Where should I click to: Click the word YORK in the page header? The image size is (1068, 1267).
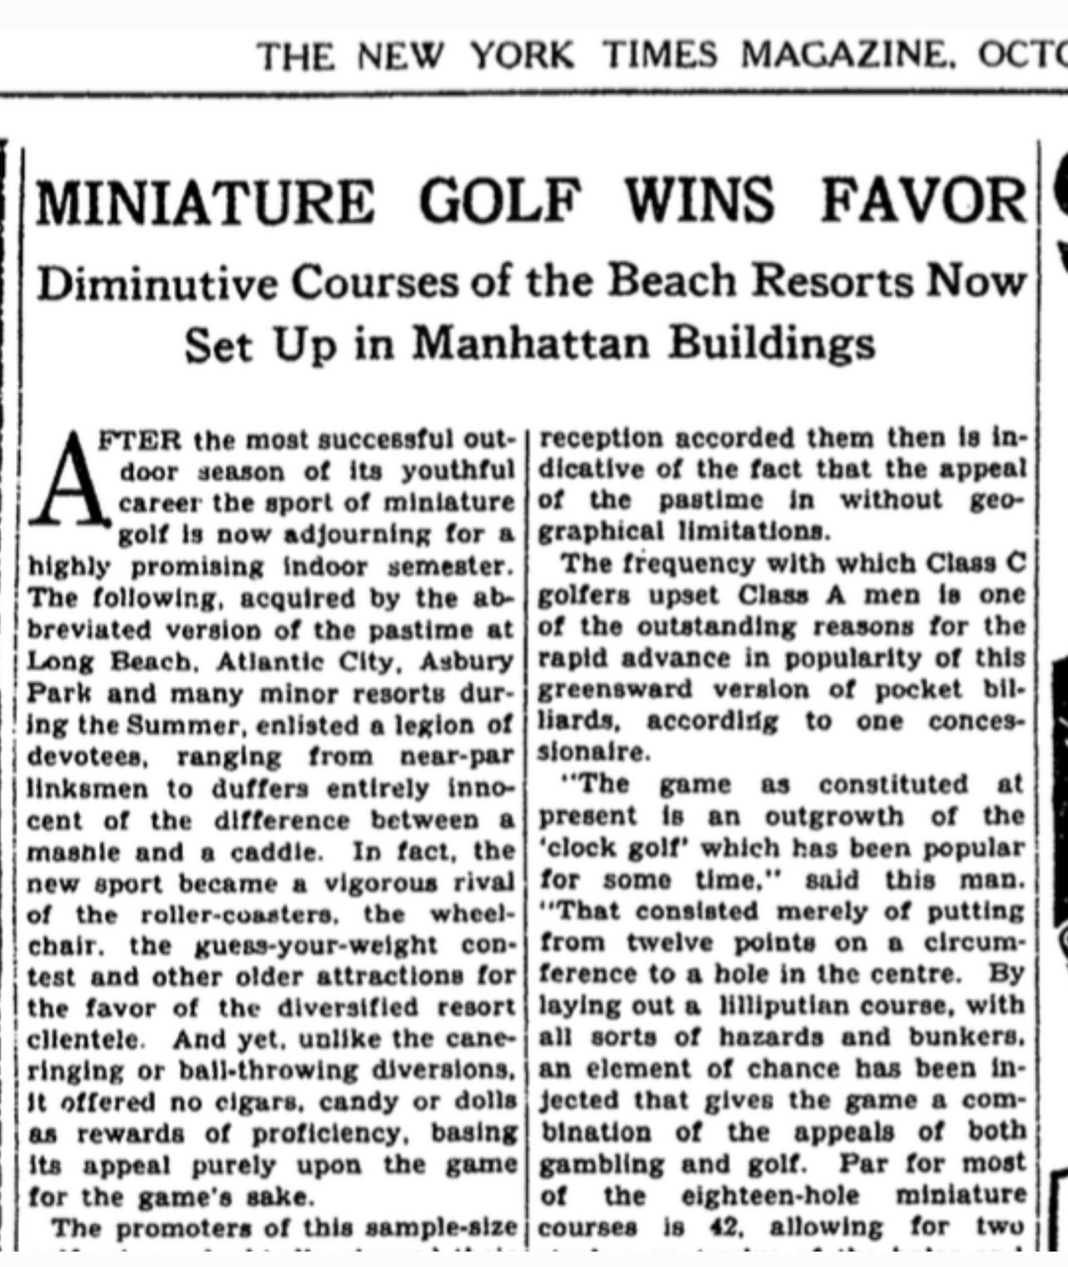[522, 55]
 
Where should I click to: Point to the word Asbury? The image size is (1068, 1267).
[467, 663]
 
